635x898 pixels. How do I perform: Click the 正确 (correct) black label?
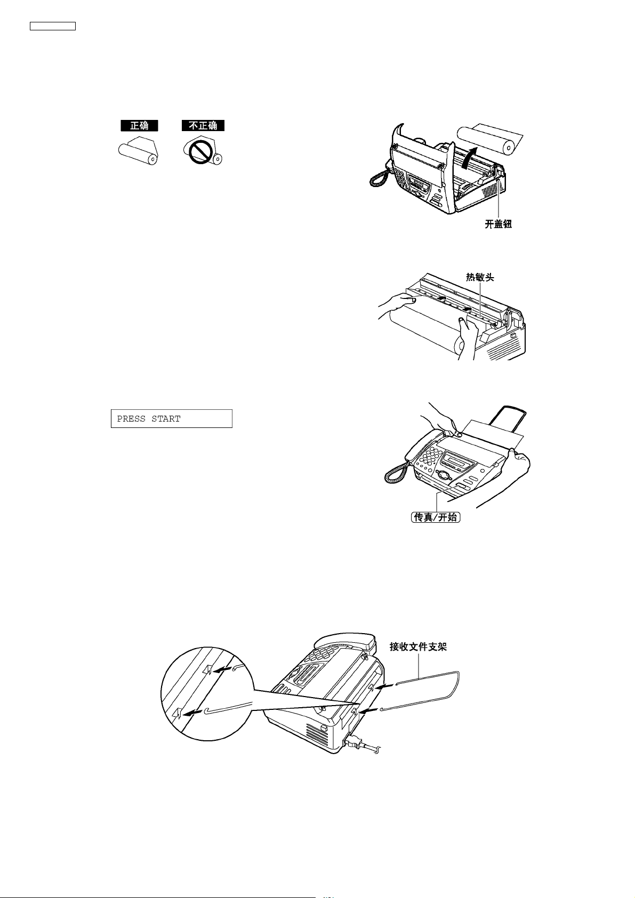[x=139, y=126]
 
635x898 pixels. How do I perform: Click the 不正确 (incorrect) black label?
[x=203, y=126]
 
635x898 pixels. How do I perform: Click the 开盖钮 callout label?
[x=498, y=225]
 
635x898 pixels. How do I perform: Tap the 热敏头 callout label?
[x=480, y=278]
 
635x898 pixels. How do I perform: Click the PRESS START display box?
[x=172, y=418]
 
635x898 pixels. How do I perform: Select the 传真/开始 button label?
[x=436, y=517]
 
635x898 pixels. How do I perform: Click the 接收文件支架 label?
[x=418, y=647]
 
